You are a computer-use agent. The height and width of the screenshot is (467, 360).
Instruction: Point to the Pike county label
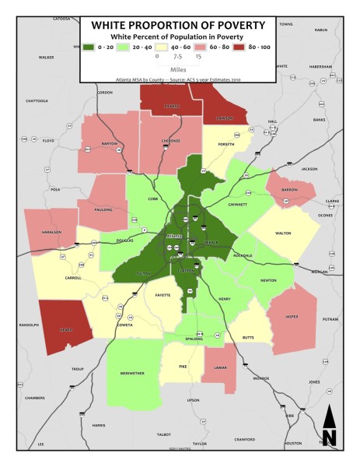tap(183, 364)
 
